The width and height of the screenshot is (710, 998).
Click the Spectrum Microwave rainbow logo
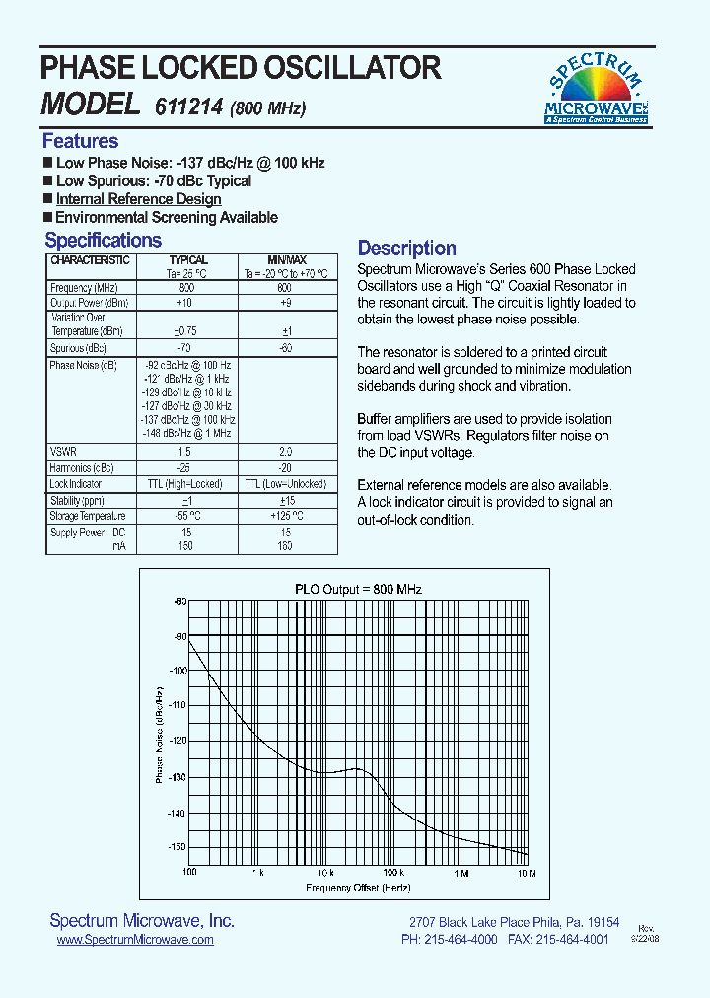point(597,88)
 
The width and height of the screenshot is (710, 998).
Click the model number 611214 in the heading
point(187,107)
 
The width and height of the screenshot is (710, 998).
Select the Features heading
point(80,141)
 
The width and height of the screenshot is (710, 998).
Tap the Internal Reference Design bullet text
point(138,199)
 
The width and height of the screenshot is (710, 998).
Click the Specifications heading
point(103,241)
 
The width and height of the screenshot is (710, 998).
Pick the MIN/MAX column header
point(287,260)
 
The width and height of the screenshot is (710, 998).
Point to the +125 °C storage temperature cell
point(287,515)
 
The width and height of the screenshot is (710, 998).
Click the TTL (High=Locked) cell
point(187,484)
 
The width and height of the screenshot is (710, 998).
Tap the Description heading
point(406,249)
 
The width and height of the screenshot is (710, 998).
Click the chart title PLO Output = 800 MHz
point(358,589)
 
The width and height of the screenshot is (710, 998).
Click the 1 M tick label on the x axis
point(461,874)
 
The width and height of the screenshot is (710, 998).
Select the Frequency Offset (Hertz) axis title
point(358,888)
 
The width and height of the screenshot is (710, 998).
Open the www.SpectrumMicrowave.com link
point(135,940)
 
